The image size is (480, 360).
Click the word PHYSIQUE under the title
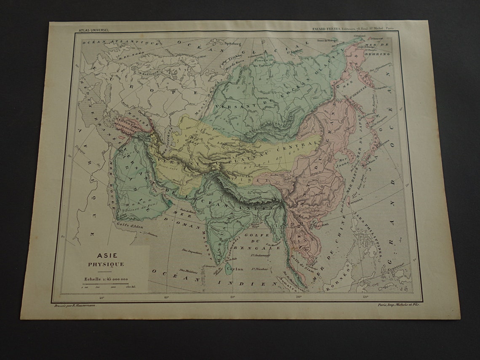click(x=106, y=264)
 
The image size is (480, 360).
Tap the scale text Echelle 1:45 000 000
click(x=106, y=278)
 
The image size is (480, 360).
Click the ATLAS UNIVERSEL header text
click(x=93, y=30)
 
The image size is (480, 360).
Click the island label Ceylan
click(x=234, y=268)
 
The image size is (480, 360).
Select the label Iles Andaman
click(x=260, y=255)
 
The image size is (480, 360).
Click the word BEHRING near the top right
click(x=380, y=54)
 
